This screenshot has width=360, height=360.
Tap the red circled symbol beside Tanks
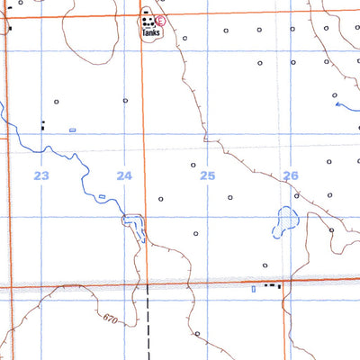(x=160, y=20)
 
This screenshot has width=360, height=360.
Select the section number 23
(x=41, y=175)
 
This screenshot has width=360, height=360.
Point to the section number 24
(x=124, y=175)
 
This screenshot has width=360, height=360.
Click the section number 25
(x=208, y=175)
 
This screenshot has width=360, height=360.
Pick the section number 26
(x=291, y=175)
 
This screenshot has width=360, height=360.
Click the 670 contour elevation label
(x=111, y=319)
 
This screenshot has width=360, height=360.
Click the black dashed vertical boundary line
(x=147, y=324)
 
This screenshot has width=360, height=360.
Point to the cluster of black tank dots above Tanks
(x=147, y=17)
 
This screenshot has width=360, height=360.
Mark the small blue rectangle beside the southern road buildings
(x=254, y=288)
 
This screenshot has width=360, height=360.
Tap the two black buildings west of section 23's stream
(x=42, y=126)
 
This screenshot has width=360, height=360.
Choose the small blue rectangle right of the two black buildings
(x=72, y=130)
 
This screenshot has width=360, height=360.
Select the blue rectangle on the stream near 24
(x=102, y=196)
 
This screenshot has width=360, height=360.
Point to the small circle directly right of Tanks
(x=184, y=40)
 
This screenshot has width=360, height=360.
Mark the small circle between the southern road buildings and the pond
(x=265, y=265)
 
